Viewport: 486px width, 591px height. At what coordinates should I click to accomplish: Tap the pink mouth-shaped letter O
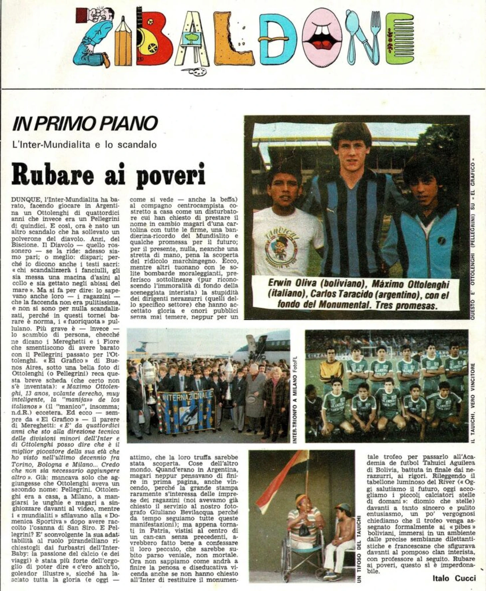point(319,36)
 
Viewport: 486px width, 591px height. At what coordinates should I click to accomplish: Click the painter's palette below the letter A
point(197,71)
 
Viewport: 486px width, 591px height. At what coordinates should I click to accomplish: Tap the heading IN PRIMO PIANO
point(85,124)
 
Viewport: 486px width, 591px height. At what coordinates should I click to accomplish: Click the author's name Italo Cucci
point(454,578)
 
